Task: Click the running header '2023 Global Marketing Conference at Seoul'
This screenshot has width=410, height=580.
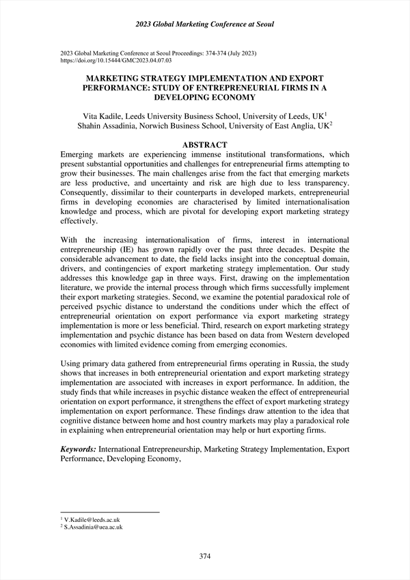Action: tap(204, 25)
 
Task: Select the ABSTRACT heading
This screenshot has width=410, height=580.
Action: tap(205, 144)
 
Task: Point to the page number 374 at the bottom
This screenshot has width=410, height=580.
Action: tap(205, 557)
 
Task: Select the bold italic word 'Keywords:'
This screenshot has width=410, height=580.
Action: tap(78, 449)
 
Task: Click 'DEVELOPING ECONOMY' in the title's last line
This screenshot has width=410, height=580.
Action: tap(205, 98)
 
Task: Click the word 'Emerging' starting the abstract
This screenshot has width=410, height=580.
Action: tap(80, 155)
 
